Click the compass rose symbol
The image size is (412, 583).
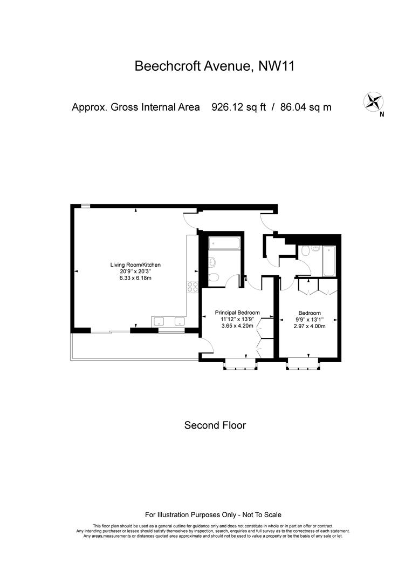(373, 102)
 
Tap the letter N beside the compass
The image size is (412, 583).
(382, 114)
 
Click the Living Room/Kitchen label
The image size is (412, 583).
(135, 265)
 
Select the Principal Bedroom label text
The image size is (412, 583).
(237, 313)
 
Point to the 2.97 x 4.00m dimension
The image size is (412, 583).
(310, 326)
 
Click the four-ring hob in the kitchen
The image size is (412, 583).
(193, 287)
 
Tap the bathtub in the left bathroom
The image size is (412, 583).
(224, 243)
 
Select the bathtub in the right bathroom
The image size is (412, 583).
(329, 261)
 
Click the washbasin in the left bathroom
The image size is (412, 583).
(212, 262)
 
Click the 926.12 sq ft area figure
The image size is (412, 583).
(238, 107)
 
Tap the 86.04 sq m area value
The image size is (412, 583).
(306, 107)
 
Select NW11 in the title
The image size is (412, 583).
(277, 66)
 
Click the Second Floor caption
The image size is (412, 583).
(215, 425)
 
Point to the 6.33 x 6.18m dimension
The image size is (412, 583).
(135, 278)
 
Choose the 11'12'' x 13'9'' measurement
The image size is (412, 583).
(237, 319)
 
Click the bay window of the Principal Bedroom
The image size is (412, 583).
(240, 364)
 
